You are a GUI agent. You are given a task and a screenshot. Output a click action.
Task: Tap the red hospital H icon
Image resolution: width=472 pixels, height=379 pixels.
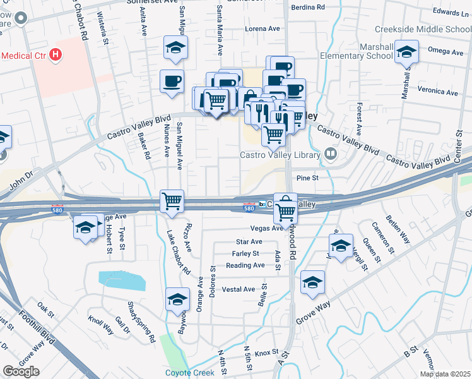tap(56, 55)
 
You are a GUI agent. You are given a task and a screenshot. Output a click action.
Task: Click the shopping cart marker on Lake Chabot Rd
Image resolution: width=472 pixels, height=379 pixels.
tap(172, 202)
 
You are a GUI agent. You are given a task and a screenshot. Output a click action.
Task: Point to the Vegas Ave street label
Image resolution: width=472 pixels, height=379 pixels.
tap(267, 228)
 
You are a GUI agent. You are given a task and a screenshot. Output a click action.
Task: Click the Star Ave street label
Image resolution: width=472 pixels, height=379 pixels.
tap(248, 241)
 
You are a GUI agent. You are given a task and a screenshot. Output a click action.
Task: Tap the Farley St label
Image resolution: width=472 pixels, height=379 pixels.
tap(245, 253)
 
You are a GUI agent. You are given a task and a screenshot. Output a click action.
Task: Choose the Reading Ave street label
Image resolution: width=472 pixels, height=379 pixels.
tap(245, 265)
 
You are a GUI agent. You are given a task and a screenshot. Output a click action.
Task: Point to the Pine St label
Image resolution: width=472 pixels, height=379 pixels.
tap(307, 178)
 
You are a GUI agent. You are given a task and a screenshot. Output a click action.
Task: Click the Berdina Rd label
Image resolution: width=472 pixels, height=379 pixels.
tap(307, 7)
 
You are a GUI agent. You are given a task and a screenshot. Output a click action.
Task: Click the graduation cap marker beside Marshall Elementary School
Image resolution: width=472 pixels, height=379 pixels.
tap(407, 52)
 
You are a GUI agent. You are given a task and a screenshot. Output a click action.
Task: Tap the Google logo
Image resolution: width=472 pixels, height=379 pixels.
tap(21, 371)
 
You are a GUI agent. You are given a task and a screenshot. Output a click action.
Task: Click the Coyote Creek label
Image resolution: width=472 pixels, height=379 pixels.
tap(189, 372)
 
